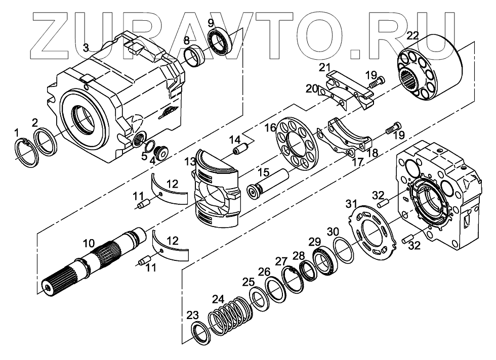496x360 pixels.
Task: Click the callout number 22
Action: (x=412, y=35)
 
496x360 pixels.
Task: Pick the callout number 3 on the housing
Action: (x=86, y=48)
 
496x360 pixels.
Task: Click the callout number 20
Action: (x=311, y=88)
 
